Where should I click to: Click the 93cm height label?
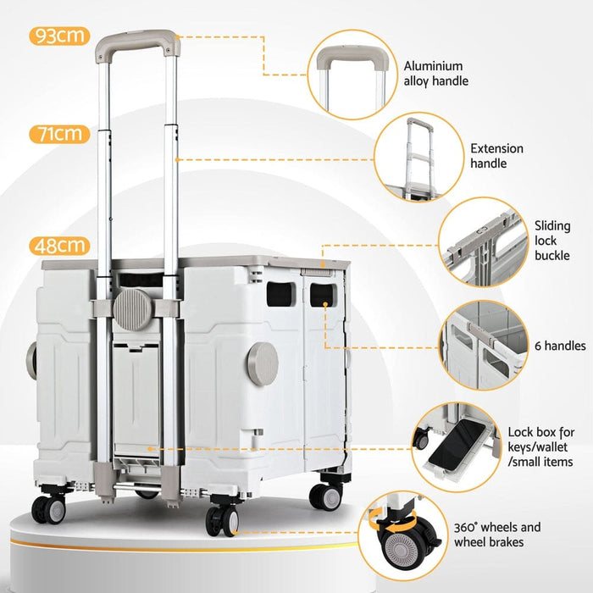59,36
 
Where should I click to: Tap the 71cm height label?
59,134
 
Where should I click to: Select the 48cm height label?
59,246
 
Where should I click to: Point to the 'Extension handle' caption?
497,156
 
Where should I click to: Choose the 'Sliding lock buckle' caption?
553,241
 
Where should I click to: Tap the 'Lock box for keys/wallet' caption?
540,446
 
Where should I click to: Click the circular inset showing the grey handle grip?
353,69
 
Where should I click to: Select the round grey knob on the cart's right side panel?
263,363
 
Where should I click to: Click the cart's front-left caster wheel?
47,508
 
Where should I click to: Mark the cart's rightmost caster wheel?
324,496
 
